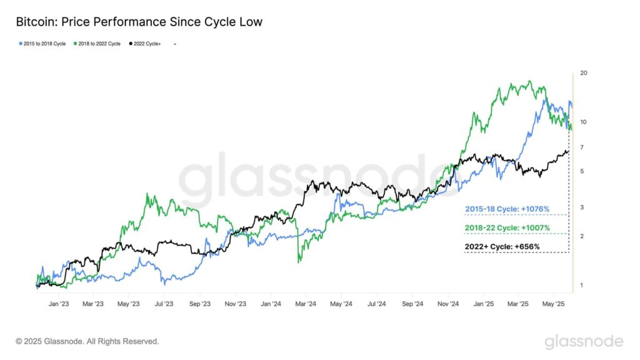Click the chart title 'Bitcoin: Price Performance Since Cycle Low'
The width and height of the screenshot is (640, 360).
pos(139,22)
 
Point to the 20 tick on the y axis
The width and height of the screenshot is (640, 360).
pos(584,73)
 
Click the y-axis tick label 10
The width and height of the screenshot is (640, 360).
pos(583,122)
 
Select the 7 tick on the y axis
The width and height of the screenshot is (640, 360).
pos(582,147)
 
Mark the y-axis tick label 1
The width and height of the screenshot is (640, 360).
pos(582,286)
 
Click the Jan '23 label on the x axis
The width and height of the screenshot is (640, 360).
pos(58,304)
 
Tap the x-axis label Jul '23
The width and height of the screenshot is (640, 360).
pos(164,304)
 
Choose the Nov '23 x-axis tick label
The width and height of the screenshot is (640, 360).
pos(234,304)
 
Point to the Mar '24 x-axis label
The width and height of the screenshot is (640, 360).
pos(306,304)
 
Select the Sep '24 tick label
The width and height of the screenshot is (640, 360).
pos(412,304)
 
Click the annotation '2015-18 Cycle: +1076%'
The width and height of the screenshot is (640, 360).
pos(507,209)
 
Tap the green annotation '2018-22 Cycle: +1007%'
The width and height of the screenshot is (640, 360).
pos(507,227)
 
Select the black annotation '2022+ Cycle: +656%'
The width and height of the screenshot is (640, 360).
pos(502,247)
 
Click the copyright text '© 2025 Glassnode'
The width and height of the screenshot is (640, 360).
pos(87,341)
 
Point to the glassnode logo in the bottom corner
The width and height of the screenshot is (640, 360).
pos(584,341)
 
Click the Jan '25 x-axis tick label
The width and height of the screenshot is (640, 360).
pos(484,304)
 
